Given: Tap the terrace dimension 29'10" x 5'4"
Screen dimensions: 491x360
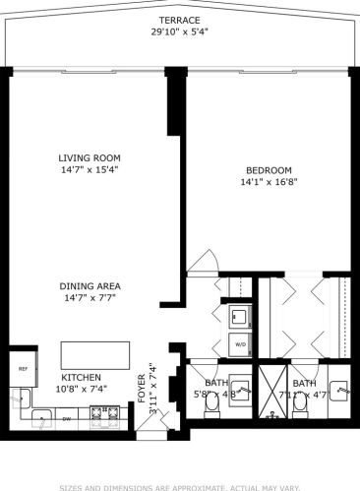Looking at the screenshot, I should pyautogui.click(x=179, y=31).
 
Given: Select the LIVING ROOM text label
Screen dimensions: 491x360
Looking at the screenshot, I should pyautogui.click(x=89, y=157).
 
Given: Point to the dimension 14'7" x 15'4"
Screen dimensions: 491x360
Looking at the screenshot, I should pyautogui.click(x=89, y=169).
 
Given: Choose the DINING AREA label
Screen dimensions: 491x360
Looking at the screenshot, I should pyautogui.click(x=90, y=286).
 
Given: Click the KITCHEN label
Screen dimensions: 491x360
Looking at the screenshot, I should pyautogui.click(x=83, y=377).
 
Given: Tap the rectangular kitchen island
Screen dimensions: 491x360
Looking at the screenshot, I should pyautogui.click(x=95, y=353).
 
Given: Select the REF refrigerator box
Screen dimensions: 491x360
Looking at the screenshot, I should pyautogui.click(x=22, y=369).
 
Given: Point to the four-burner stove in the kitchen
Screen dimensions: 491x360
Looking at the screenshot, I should pyautogui.click(x=103, y=420).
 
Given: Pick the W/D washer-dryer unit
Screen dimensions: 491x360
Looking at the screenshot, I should pyautogui.click(x=239, y=343).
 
